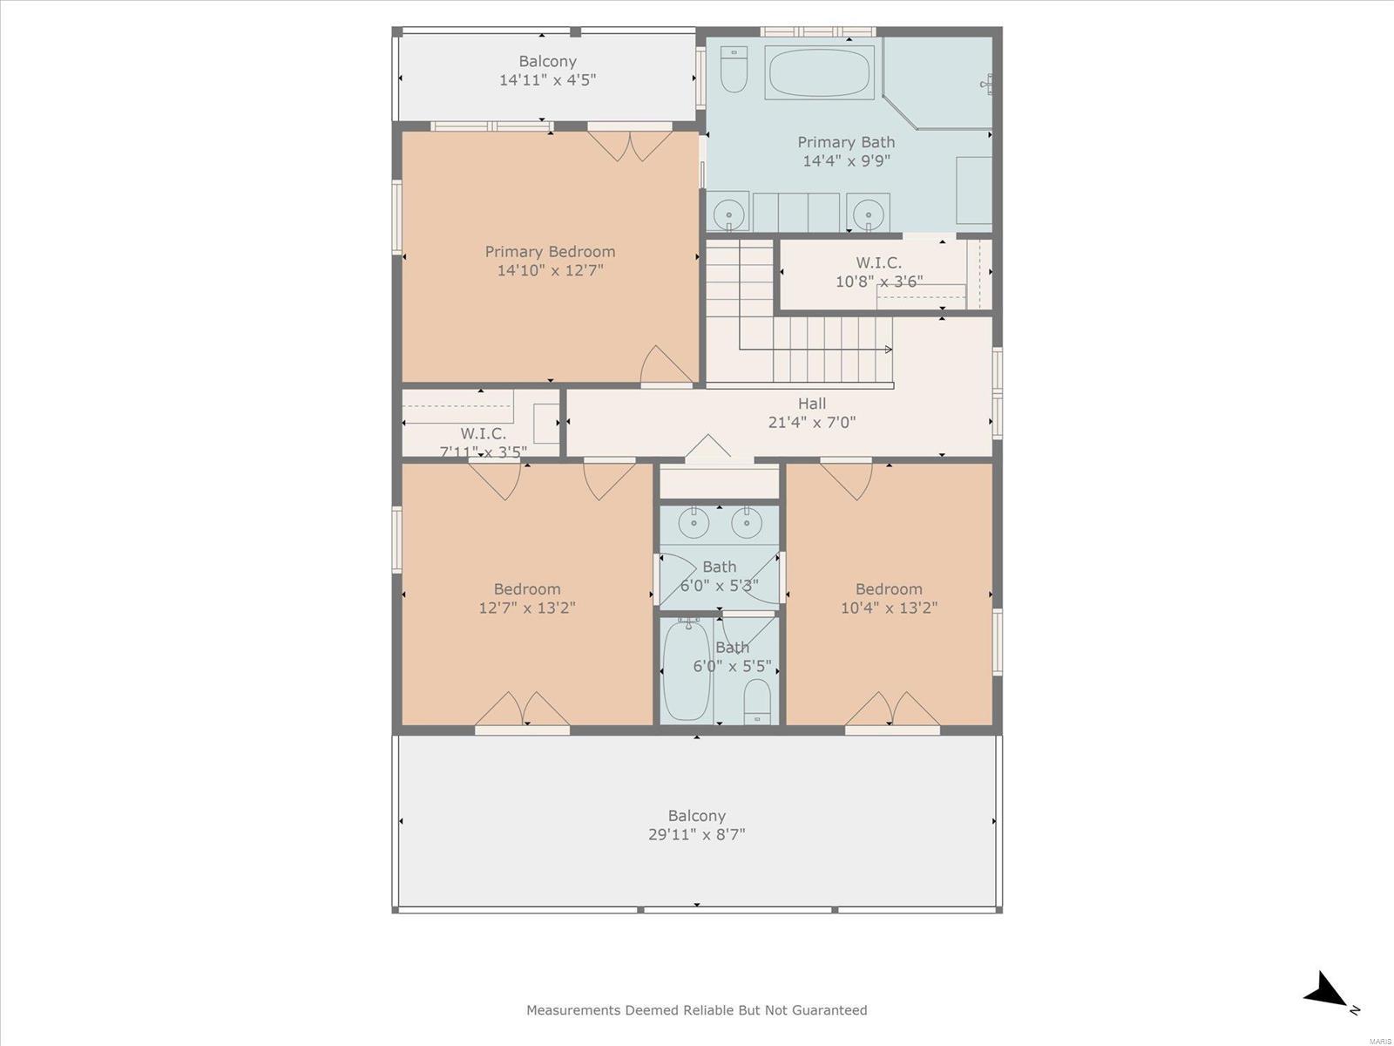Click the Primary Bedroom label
coord(550,252)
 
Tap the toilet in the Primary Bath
coord(734,69)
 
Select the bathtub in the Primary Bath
coord(819,74)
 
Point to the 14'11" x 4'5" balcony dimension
coord(547,80)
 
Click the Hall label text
coord(812,404)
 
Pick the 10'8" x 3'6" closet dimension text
coord(879,281)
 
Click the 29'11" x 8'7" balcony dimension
coord(697,834)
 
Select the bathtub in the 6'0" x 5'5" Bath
coord(686,669)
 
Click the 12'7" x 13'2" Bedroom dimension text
coord(527,608)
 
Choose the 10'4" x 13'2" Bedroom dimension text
coord(890,608)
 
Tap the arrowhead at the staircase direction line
coord(889,350)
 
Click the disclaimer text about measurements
coord(697,1009)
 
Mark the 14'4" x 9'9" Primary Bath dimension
coord(847,160)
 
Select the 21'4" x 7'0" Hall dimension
coord(812,423)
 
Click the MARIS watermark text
coord(1380,1041)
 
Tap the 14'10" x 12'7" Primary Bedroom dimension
coord(550,270)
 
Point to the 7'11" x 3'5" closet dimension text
coord(484,452)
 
